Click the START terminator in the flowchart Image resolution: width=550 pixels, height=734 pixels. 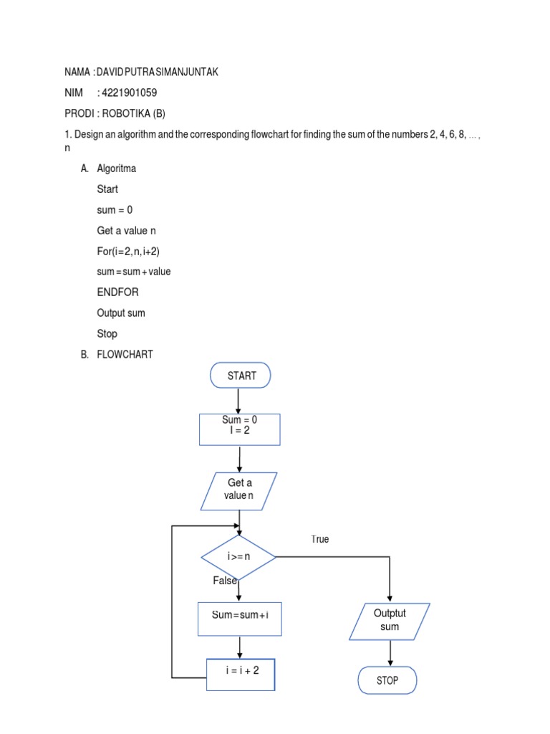[241, 376]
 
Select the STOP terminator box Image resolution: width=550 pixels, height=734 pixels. [387, 680]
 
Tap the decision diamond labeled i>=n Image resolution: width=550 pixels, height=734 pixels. [238, 556]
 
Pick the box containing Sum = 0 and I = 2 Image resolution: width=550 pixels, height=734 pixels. [239, 429]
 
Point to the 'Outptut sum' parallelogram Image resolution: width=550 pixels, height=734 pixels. [390, 621]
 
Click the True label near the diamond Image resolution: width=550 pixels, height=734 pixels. [320, 539]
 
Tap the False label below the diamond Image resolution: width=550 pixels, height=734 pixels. [224, 581]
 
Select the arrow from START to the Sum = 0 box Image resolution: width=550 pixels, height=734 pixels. [238, 401]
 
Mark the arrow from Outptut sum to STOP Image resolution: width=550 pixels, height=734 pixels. [390, 653]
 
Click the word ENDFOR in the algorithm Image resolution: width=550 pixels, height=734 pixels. [118, 292]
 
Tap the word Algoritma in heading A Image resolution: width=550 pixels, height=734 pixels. [116, 168]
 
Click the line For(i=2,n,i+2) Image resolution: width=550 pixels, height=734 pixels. [133, 252]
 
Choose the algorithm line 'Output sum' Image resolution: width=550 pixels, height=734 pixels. [121, 313]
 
